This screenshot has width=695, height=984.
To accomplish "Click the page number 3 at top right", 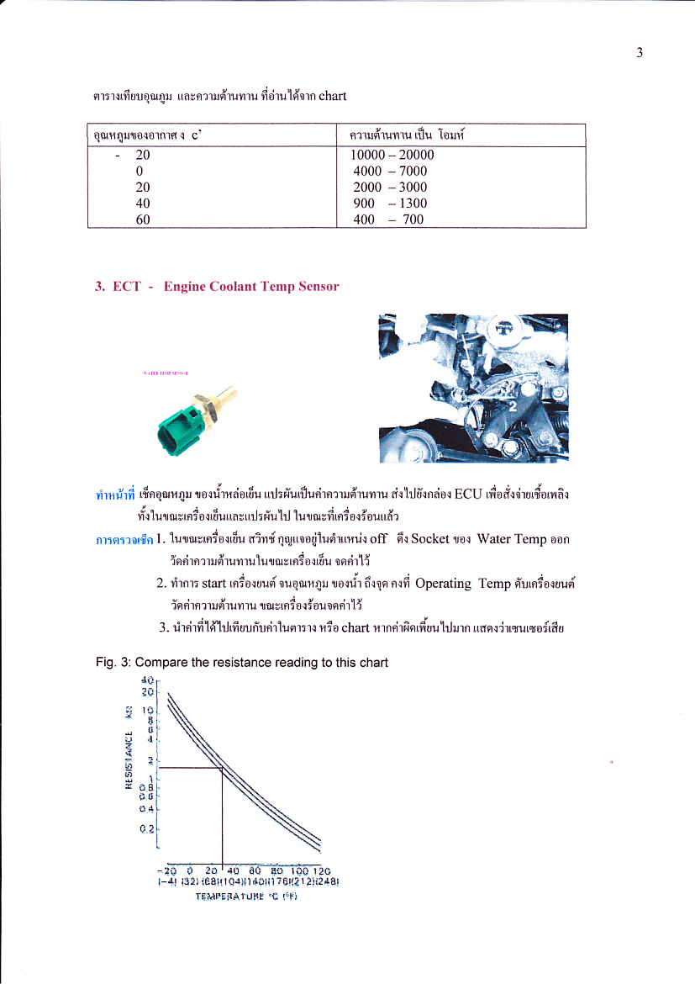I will [x=640, y=53].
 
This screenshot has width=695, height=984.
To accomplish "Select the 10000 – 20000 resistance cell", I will [x=392, y=156].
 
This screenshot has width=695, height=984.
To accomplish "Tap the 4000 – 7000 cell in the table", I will [x=390, y=172].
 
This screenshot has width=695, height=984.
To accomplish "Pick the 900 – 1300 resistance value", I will [x=390, y=204].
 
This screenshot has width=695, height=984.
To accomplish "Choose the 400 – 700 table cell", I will [x=388, y=220].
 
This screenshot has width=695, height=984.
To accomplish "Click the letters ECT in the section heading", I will [x=126, y=287].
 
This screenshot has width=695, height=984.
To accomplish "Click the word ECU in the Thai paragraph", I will [x=466, y=494].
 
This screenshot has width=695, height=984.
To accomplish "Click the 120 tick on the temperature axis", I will [x=323, y=870].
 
